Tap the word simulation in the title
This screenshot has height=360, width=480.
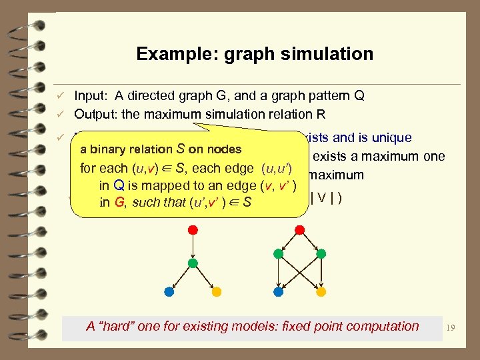[x=329, y=53]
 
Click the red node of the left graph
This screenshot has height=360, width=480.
[x=193, y=229]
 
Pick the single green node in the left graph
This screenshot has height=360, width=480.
[x=193, y=263]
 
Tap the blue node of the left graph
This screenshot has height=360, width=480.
[x=169, y=292]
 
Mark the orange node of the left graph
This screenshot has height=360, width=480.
[x=216, y=292]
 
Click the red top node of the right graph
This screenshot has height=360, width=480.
[x=300, y=229]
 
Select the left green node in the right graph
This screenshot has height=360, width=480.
[x=279, y=254]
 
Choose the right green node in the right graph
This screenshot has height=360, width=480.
[x=321, y=254]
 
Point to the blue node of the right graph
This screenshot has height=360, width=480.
[x=279, y=292]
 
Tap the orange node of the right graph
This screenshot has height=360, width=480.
[x=321, y=292]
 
